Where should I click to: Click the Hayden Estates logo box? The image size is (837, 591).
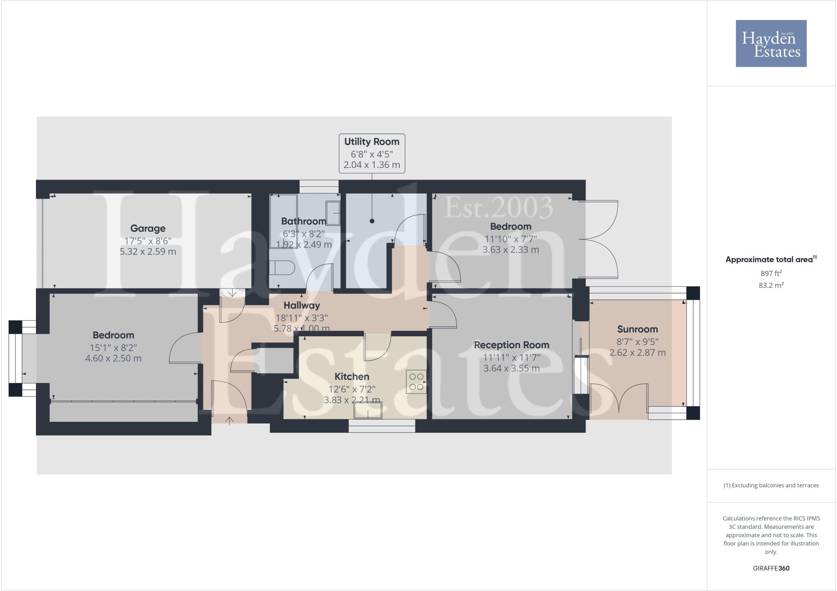771,43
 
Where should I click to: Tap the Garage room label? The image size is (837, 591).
148,228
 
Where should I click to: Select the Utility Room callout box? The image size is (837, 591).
372,153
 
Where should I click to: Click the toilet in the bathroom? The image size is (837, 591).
282,268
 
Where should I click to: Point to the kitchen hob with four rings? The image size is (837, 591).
416,382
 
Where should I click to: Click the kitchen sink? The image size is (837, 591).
368,410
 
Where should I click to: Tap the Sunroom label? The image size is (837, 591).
637,329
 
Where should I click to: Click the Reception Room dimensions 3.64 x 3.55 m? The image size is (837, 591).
511,368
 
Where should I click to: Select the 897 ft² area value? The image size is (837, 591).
771,273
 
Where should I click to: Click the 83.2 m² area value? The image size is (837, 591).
771,285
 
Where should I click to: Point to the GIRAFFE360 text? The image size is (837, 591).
771,568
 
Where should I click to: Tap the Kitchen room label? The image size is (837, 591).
351,376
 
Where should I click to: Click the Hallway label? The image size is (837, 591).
302,305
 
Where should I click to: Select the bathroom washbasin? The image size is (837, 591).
333,213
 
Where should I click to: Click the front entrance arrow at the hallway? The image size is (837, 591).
230,421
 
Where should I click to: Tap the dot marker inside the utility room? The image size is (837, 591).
372,221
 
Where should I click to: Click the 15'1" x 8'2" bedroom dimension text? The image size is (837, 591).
113,348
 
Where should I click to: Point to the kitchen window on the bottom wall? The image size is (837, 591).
382,426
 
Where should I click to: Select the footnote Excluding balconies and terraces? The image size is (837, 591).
771,486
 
